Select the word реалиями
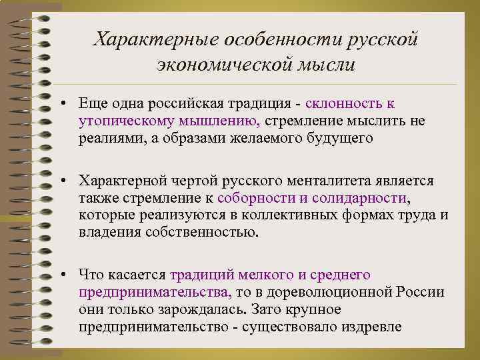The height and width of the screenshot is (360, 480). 109,138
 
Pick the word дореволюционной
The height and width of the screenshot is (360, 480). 337,292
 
